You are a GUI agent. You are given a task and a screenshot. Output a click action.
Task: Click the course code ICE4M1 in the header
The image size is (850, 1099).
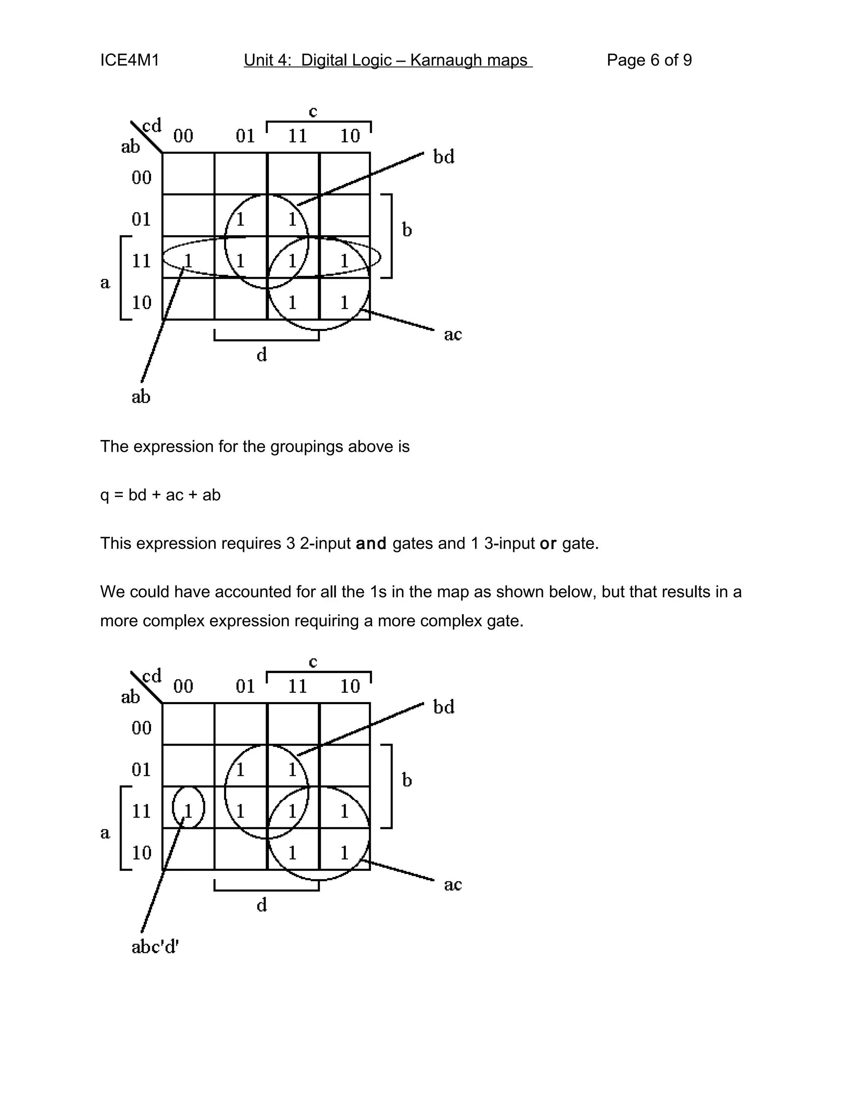pyautogui.click(x=129, y=61)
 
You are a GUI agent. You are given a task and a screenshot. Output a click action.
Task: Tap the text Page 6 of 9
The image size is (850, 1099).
pyautogui.click(x=649, y=61)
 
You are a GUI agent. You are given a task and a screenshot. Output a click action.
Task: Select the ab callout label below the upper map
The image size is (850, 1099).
pyautogui.click(x=141, y=396)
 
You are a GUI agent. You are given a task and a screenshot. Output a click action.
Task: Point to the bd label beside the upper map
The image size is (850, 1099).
pyautogui.click(x=444, y=157)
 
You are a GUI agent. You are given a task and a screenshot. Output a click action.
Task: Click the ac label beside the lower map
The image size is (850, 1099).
pyautogui.click(x=453, y=884)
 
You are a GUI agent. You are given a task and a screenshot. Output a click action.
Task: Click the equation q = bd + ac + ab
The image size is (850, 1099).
pyautogui.click(x=160, y=495)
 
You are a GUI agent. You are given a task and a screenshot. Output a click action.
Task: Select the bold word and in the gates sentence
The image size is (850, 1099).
pyautogui.click(x=371, y=543)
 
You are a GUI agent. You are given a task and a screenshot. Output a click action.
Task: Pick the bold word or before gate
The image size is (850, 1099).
pyautogui.click(x=548, y=543)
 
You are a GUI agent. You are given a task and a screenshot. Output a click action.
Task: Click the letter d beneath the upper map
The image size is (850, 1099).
pyautogui.click(x=262, y=355)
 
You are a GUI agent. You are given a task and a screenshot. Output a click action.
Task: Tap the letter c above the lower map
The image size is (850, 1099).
pyautogui.click(x=313, y=662)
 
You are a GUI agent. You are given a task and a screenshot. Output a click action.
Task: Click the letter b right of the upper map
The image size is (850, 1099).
pyautogui.click(x=407, y=230)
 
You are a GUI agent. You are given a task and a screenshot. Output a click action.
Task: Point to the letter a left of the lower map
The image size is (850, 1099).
pyautogui.click(x=105, y=833)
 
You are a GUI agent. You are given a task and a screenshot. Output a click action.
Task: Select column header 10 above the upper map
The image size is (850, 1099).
pyautogui.click(x=349, y=136)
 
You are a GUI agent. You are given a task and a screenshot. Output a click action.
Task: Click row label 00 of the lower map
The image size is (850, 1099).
pyautogui.click(x=142, y=728)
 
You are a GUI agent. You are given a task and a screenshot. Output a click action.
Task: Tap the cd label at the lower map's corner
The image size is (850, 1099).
pyautogui.click(x=152, y=675)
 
